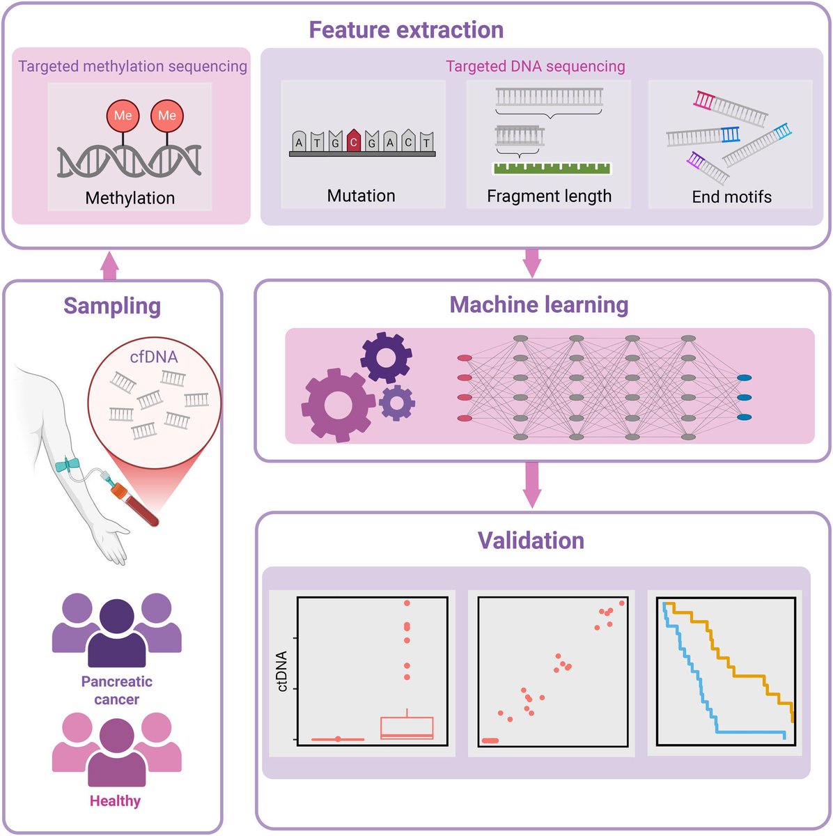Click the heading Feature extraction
[406, 30]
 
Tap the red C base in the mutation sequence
[354, 141]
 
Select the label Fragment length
[549, 196]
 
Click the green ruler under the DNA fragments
[551, 167]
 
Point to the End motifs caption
[731, 197]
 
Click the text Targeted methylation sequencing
[132, 66]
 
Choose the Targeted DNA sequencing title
[535, 66]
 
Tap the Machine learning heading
[538, 304]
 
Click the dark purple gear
[386, 357]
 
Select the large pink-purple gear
[338, 404]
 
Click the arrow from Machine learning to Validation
[531, 486]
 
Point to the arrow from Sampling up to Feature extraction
[109, 265]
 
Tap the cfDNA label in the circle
[154, 357]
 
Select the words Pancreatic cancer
[116, 690]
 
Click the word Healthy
[115, 801]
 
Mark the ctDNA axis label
[282, 671]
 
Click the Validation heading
[531, 541]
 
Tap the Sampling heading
[112, 306]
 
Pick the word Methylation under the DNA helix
[130, 198]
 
